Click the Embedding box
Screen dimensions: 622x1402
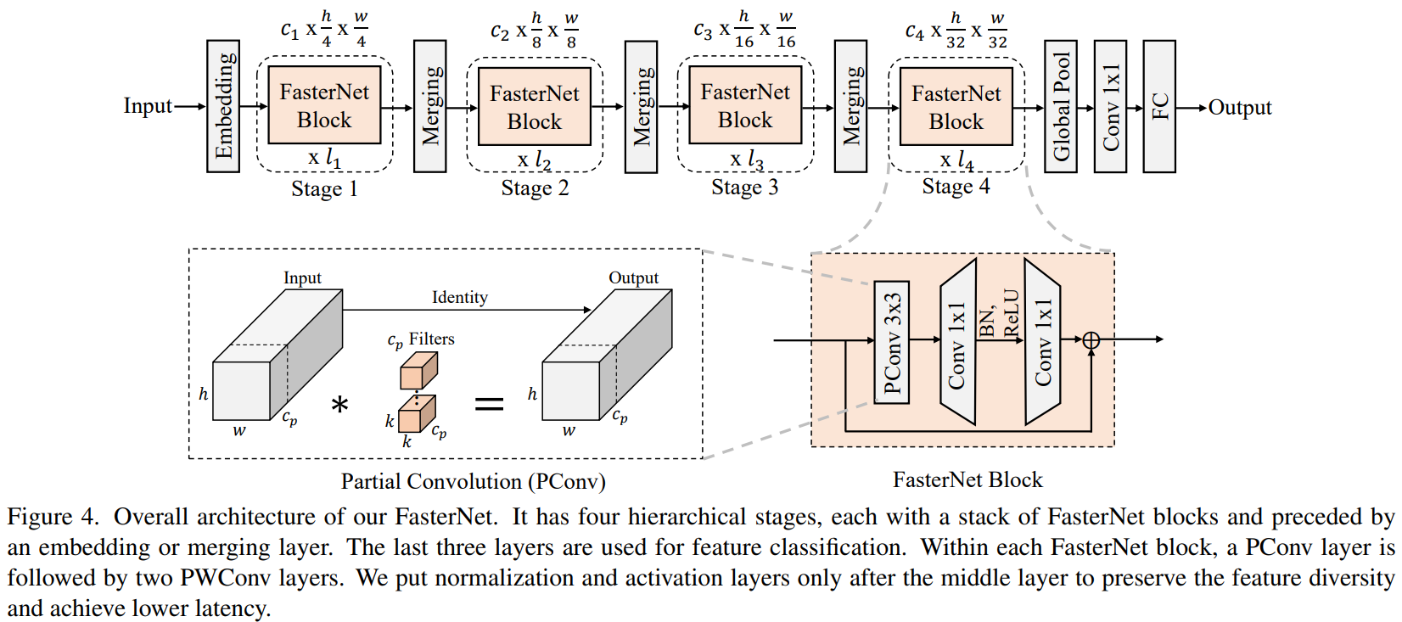point(223,106)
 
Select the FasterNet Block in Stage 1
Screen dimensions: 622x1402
point(324,106)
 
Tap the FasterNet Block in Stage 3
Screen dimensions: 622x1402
point(745,106)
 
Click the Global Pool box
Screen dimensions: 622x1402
point(1061,106)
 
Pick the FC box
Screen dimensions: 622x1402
point(1159,106)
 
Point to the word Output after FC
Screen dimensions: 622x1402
point(1240,108)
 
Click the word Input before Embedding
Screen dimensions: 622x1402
point(148,106)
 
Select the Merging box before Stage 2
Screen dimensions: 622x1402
point(430,106)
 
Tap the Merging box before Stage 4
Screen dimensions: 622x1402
point(850,106)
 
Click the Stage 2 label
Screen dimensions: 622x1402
point(535,188)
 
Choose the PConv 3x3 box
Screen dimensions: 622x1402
point(892,342)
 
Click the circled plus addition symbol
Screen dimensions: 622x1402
point(1091,340)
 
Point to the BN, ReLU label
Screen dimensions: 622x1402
point(999,314)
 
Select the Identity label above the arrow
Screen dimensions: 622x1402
point(459,298)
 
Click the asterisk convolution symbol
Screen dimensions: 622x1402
point(340,404)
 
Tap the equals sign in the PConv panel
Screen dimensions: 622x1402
point(489,404)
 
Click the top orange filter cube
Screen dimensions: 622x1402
point(418,371)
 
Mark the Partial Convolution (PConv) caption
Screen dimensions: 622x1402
point(473,482)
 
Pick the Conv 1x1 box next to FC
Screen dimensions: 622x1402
point(1110,106)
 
